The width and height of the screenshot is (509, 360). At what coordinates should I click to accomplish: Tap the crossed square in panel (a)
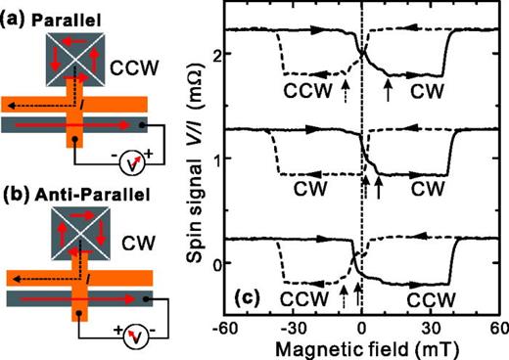tap(73, 55)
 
